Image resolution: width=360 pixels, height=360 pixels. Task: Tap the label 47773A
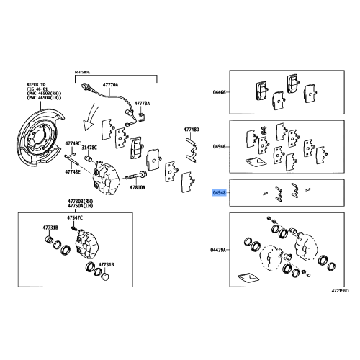143,104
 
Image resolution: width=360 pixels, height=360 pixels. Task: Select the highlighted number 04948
219,193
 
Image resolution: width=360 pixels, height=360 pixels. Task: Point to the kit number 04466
219,93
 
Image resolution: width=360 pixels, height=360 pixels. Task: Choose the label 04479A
219,250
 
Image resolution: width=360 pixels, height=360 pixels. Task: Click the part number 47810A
138,187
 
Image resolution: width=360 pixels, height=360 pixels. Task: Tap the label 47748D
191,129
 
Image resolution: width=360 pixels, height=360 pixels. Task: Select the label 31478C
89,148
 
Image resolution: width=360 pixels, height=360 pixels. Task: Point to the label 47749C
74,143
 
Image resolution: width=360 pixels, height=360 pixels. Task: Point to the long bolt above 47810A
137,174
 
